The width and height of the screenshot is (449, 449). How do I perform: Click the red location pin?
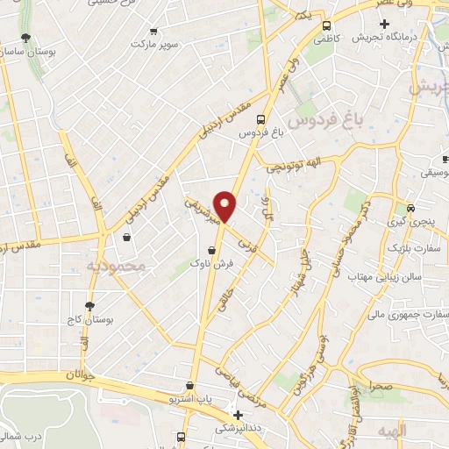(226, 206)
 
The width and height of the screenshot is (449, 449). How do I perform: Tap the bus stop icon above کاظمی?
(326, 26)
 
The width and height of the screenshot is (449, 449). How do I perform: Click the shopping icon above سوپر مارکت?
(154, 29)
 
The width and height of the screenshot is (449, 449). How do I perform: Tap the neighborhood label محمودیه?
(108, 265)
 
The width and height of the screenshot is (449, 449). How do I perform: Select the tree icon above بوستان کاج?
(89, 306)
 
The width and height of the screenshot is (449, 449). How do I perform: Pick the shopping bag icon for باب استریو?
(189, 386)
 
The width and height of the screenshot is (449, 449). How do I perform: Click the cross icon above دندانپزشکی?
(238, 414)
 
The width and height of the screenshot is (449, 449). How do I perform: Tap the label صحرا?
(382, 383)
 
